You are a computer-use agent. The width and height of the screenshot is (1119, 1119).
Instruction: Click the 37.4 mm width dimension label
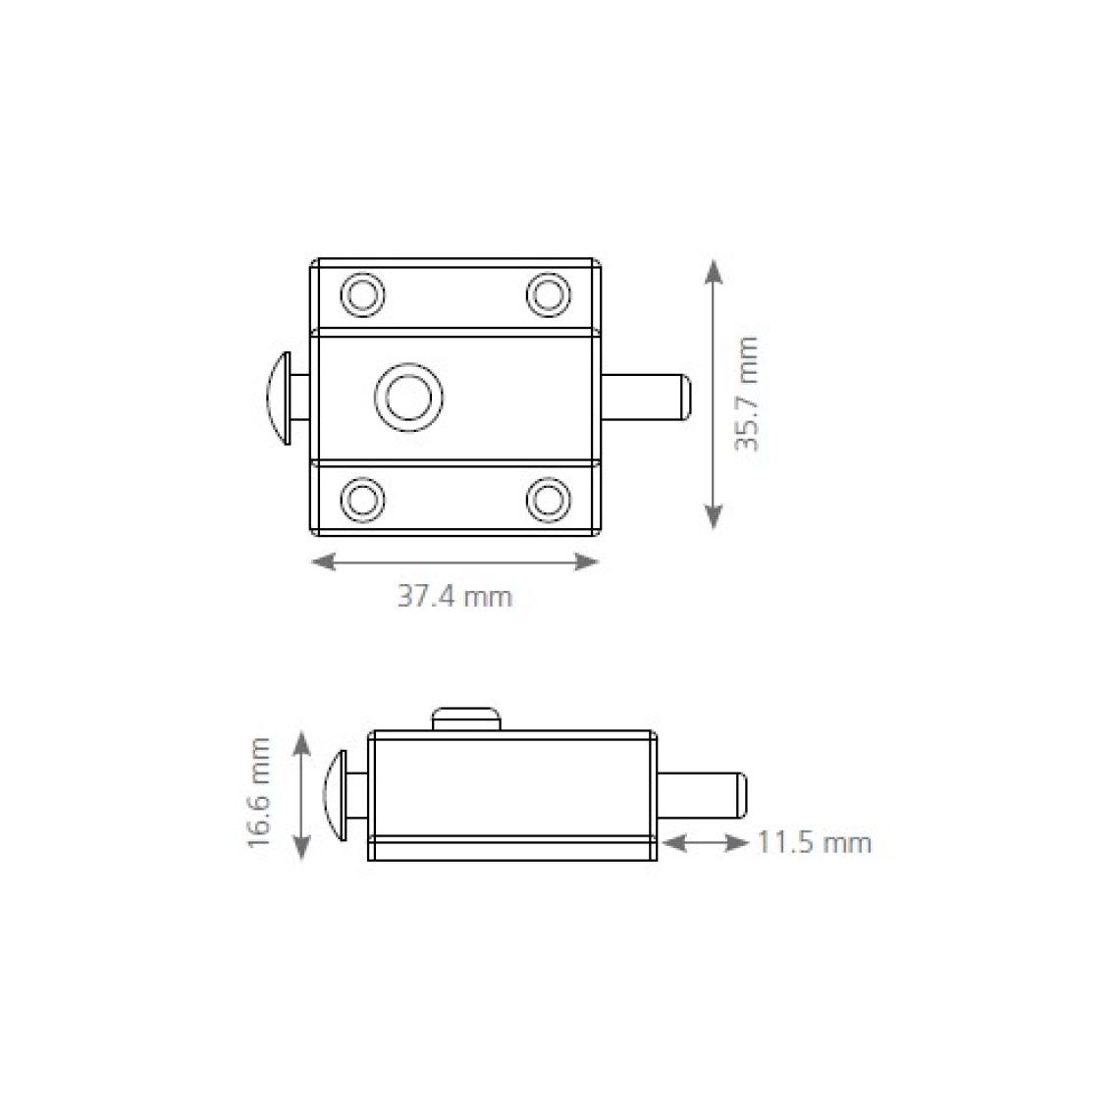pyautogui.click(x=454, y=597)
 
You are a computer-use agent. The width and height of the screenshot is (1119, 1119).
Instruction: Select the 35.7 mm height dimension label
pyautogui.click(x=747, y=394)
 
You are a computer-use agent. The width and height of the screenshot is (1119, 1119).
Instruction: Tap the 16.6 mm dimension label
pyautogui.click(x=259, y=793)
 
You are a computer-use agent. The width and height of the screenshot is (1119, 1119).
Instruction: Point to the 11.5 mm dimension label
pyautogui.click(x=815, y=843)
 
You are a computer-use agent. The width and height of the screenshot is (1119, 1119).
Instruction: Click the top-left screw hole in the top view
pyautogui.click(x=363, y=294)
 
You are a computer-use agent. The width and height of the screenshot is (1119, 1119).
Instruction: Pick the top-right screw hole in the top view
pyautogui.click(x=548, y=294)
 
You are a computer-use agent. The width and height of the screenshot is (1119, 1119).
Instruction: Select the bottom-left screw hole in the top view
pyautogui.click(x=363, y=498)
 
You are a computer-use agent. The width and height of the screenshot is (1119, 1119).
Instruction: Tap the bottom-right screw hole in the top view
pyautogui.click(x=548, y=498)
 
